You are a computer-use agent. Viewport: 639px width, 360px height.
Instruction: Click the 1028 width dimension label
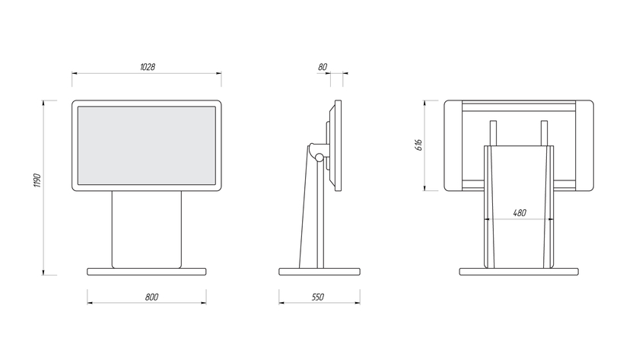148,67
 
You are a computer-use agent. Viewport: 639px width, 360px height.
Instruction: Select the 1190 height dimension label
35,182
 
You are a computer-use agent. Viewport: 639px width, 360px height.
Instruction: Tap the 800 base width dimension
151,297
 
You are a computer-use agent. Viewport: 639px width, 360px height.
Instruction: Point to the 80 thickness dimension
323,67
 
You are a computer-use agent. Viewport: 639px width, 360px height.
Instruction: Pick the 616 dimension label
418,145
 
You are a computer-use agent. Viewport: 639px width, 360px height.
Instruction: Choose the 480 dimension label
520,213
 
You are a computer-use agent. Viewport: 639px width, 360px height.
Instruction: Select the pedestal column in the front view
147,228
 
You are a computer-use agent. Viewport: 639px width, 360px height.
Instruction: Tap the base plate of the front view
147,271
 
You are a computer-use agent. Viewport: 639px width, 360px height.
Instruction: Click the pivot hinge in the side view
319,159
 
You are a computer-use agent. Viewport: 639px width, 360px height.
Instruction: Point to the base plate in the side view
319,271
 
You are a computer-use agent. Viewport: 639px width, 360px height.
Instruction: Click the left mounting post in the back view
493,132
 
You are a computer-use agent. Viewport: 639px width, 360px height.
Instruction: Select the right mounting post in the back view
545,132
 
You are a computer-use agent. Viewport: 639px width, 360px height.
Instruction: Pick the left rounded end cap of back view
452,145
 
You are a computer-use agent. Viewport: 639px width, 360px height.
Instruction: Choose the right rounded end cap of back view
585,145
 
